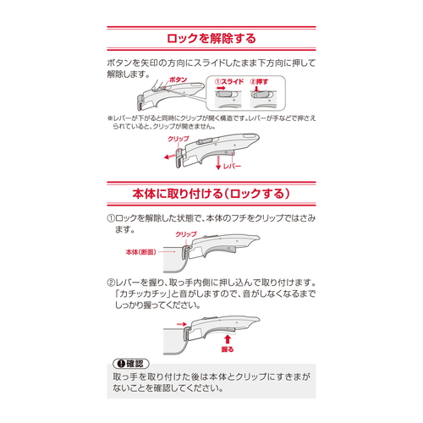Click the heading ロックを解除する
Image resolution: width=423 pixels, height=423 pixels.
(x=211, y=38)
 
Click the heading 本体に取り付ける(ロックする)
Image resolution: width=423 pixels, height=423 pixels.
(x=211, y=194)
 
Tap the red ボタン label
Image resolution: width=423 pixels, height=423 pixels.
(x=178, y=80)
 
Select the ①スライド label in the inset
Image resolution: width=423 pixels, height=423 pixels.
(x=229, y=82)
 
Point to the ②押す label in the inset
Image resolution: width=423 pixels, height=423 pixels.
(x=259, y=82)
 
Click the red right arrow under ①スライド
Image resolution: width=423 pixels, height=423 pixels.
(x=220, y=89)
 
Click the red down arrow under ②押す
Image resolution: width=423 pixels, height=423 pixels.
(x=256, y=89)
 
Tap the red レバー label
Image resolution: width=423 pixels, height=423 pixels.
(x=232, y=167)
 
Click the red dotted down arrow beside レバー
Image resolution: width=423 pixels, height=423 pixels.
(x=218, y=162)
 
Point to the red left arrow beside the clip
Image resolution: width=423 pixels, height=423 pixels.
(x=170, y=157)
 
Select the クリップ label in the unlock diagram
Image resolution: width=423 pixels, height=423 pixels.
(x=179, y=139)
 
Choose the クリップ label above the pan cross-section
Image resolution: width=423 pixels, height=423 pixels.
(x=186, y=234)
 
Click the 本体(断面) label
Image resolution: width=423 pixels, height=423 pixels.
(x=140, y=252)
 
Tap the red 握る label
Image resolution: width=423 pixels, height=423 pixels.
(x=228, y=349)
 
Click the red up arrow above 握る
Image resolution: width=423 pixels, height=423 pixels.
(x=228, y=339)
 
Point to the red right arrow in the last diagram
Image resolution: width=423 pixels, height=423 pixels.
(x=182, y=324)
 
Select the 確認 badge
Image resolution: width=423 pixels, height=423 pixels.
(x=131, y=364)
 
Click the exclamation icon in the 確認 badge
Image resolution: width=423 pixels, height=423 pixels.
(x=121, y=364)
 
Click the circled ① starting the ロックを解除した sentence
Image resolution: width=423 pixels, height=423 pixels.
(x=111, y=218)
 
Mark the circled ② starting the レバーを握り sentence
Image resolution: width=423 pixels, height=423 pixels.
(x=111, y=283)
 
